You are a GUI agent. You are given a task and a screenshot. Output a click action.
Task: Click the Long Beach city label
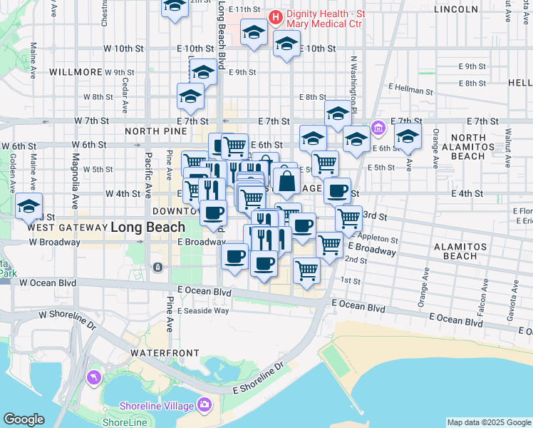[148, 227]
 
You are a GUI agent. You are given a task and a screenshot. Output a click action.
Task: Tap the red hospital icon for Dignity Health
[274, 16]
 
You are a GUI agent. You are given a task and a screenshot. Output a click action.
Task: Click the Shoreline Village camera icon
[205, 405]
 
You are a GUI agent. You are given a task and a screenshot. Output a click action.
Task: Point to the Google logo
[24, 419]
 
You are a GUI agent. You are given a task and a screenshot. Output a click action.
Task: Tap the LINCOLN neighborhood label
[455, 9]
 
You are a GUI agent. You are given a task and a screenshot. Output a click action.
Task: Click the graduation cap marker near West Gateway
[29, 207]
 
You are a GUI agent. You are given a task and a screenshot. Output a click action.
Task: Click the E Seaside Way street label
[203, 310]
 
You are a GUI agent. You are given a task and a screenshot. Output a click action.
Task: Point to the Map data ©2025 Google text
[489, 422]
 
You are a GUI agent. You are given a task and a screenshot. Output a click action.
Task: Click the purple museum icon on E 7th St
[378, 129]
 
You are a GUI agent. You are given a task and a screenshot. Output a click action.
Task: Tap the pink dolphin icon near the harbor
[93, 377]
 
